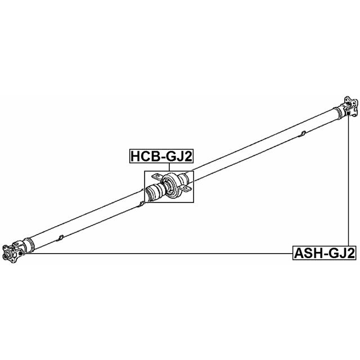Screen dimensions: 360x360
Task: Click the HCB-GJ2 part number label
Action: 161,156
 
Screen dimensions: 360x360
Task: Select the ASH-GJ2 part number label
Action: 324,253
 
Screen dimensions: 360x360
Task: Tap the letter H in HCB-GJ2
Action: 136,156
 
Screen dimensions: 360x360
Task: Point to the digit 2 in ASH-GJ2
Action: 350,253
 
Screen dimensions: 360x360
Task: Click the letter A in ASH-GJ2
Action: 299,253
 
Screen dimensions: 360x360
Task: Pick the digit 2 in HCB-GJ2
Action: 187,156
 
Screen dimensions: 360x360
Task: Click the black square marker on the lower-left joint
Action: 21,253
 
